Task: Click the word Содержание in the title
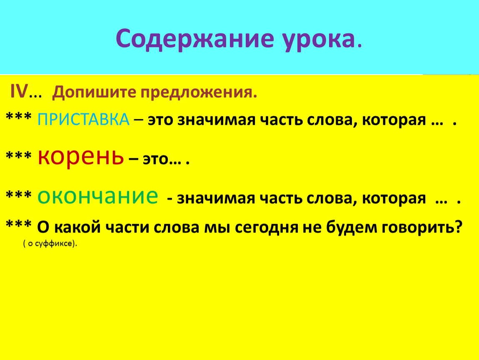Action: pos(195,39)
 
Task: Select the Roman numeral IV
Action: pos(19,91)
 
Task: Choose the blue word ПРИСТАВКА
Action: pos(83,119)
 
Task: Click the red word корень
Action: pos(81,157)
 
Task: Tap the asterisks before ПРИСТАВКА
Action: pos(19,116)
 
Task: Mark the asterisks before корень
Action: pos(19,155)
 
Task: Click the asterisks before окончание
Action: pos(19,195)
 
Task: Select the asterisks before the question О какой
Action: pos(19,224)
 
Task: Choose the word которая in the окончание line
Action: pos(394,198)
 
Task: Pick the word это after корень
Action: pos(155,160)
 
